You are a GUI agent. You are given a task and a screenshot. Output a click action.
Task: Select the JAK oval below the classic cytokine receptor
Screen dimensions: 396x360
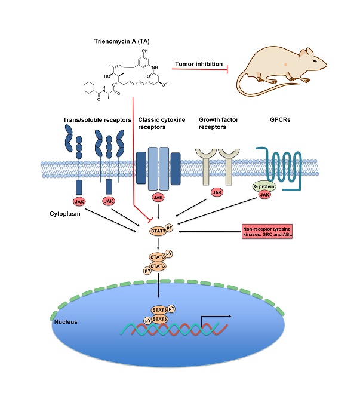(x=158, y=197)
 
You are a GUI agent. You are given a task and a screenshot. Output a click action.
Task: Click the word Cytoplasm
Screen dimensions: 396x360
(x=67, y=212)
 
